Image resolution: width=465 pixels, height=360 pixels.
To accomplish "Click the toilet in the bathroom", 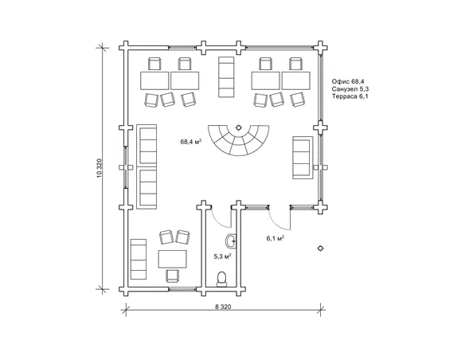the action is pyautogui.click(x=221, y=279).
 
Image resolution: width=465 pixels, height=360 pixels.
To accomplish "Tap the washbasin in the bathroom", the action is pyautogui.click(x=231, y=241).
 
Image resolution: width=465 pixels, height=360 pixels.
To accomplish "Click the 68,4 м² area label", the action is pyautogui.click(x=191, y=142).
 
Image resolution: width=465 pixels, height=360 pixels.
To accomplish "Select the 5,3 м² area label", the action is pyautogui.click(x=223, y=256).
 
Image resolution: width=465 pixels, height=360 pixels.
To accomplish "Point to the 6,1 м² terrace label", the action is pyautogui.click(x=275, y=238).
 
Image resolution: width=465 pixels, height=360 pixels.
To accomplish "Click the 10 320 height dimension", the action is pyautogui.click(x=100, y=168).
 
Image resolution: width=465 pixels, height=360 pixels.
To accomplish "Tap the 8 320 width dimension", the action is pyautogui.click(x=223, y=307).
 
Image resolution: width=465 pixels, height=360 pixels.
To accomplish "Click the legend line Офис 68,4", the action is pyautogui.click(x=348, y=81).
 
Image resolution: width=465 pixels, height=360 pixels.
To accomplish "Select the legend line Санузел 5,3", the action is pyautogui.click(x=350, y=88).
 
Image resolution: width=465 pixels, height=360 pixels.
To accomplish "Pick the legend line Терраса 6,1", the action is pyautogui.click(x=350, y=96).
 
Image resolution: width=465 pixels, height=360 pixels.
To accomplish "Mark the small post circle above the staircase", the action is pyautogui.click(x=238, y=127).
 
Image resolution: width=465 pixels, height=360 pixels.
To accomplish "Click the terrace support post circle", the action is pyautogui.click(x=320, y=248).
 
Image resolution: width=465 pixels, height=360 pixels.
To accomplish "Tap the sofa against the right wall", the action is pyautogui.click(x=303, y=158).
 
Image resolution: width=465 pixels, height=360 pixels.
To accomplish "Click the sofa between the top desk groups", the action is pyautogui.click(x=226, y=77).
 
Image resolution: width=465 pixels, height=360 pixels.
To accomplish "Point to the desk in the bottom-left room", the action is pyautogui.click(x=173, y=259).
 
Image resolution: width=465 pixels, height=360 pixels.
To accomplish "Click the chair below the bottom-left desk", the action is pyautogui.click(x=173, y=276).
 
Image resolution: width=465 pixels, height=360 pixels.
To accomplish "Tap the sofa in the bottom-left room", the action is pyautogui.click(x=139, y=259).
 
